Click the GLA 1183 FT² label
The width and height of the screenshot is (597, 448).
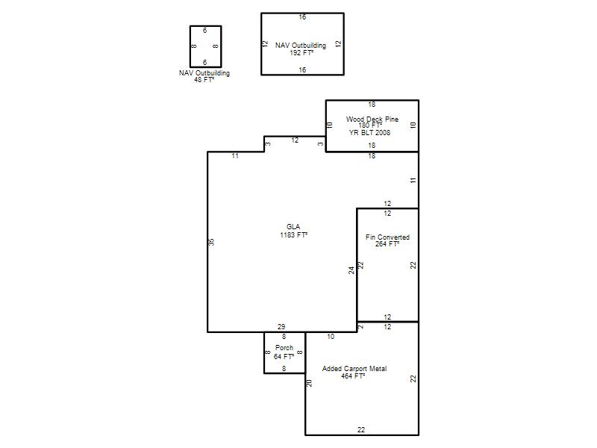click(293, 231)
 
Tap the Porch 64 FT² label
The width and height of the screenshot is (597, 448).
click(284, 352)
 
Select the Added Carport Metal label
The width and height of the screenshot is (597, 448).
click(354, 369)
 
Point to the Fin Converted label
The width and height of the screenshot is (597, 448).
click(387, 237)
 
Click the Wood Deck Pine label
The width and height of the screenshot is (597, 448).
click(372, 119)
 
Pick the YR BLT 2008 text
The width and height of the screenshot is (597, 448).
click(369, 133)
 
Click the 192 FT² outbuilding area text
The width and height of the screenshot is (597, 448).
click(301, 53)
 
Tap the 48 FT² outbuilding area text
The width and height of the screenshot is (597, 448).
click(204, 80)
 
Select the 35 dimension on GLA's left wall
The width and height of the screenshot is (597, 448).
click(212, 242)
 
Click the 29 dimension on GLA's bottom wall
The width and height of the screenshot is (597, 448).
click(281, 327)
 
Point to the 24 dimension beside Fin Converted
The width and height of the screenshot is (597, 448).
click(351, 270)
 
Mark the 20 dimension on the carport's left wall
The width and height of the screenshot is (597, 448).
click(310, 383)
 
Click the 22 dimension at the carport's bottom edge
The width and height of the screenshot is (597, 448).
click(361, 430)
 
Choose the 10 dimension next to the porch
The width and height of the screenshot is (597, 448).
click(331, 337)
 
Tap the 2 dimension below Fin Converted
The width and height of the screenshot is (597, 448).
click(361, 326)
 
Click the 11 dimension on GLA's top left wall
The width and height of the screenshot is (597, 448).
click(235, 156)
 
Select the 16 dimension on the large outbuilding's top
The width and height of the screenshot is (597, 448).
click(302, 17)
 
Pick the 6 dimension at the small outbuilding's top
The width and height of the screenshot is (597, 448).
click(204, 31)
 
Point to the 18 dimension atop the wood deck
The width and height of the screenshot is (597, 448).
click(372, 105)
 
